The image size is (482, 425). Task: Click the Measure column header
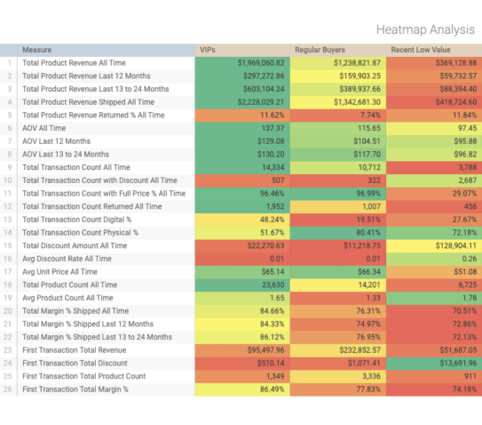click(x=36, y=51)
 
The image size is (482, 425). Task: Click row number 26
click(x=9, y=389)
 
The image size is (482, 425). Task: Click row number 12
click(x=9, y=207)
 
